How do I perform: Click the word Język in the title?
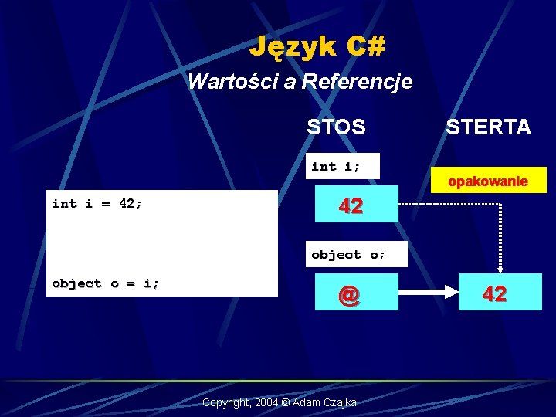point(292,47)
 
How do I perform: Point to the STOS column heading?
point(336,127)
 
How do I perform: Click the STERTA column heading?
point(488,127)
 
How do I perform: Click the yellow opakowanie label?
point(489,181)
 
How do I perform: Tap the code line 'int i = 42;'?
point(97,204)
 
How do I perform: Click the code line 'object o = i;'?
point(106,283)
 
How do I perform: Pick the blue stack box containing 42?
point(351,205)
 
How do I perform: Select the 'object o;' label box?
point(347,254)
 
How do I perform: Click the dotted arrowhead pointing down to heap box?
point(500,267)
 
